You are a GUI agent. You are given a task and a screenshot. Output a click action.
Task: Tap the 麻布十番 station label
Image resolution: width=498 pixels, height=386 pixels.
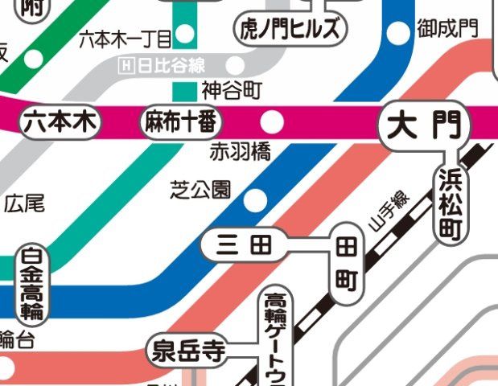[x=181, y=123]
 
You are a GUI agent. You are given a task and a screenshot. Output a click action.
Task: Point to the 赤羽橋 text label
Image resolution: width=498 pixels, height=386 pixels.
[x=240, y=151]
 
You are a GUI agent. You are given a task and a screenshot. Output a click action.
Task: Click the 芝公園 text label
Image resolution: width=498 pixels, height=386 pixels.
[x=200, y=190]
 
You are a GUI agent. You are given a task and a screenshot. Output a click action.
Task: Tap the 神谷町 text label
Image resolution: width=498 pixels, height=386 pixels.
[x=232, y=88]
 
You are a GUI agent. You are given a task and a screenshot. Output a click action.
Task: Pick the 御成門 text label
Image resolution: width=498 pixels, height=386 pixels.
[x=447, y=30]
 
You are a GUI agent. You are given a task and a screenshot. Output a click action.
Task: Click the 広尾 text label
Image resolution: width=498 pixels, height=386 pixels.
[x=24, y=204]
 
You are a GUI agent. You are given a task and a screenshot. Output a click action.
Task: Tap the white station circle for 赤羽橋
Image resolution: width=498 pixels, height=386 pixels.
[x=273, y=122]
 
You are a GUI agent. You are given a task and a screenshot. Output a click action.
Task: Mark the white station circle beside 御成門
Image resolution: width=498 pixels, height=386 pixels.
[x=398, y=33]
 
